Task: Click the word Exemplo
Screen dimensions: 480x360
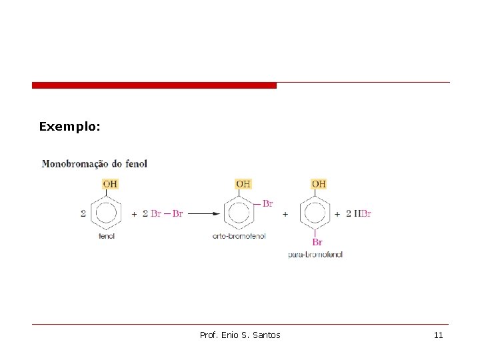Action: click(69, 126)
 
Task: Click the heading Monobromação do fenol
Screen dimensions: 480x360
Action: click(95, 163)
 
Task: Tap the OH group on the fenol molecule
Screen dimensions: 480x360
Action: click(110, 184)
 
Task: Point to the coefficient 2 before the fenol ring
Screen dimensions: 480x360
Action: click(83, 214)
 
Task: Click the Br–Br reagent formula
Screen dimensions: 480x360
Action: click(167, 214)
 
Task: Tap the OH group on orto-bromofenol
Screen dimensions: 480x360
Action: click(243, 184)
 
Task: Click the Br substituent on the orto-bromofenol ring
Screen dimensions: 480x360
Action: click(267, 203)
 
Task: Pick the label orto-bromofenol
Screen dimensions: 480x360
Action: click(239, 236)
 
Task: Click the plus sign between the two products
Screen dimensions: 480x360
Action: click(285, 214)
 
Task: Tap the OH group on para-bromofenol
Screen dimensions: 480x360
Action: click(319, 184)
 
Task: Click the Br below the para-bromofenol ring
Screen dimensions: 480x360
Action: click(317, 243)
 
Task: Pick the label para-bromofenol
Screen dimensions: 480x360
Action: click(315, 255)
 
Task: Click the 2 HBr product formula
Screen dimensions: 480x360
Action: click(359, 214)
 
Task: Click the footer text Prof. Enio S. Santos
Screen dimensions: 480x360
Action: click(240, 335)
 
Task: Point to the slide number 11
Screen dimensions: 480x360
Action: click(438, 335)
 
